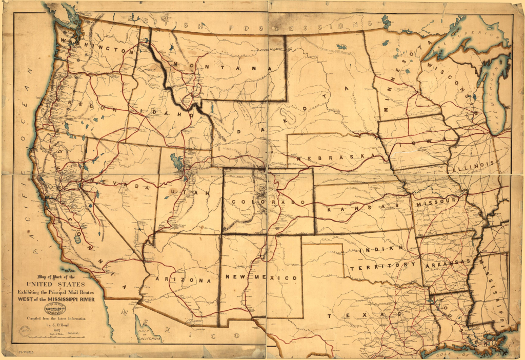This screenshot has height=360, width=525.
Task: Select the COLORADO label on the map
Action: [271, 202]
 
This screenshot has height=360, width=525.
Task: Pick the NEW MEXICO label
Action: [261, 277]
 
